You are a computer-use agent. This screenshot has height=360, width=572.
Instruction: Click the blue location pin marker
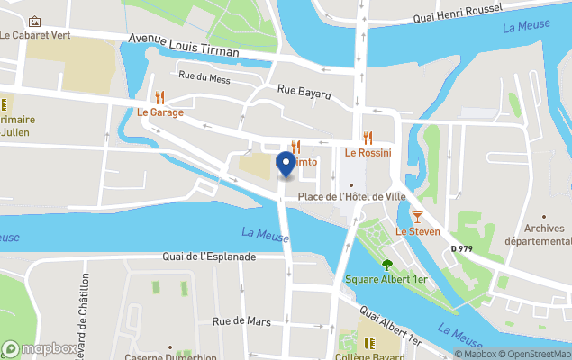click(286, 165)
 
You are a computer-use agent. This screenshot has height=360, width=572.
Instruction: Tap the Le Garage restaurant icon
click(160, 97)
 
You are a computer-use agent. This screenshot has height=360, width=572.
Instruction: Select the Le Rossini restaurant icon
click(368, 138)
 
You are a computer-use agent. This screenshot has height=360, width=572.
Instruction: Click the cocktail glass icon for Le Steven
click(418, 217)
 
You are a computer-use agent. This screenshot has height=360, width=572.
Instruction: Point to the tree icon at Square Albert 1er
click(387, 265)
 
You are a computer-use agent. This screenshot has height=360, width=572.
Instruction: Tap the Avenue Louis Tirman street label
click(184, 46)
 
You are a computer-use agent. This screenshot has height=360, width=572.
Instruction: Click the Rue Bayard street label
click(304, 92)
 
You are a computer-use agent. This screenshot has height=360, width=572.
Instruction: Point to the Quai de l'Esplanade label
click(210, 256)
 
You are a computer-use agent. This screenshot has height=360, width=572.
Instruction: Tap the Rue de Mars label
click(241, 320)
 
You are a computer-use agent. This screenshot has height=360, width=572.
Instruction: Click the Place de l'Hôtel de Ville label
click(348, 196)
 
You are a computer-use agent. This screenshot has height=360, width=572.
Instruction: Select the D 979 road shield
click(461, 248)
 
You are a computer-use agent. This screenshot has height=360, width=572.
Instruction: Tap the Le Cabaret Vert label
click(36, 36)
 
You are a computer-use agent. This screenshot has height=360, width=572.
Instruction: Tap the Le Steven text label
click(418, 232)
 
